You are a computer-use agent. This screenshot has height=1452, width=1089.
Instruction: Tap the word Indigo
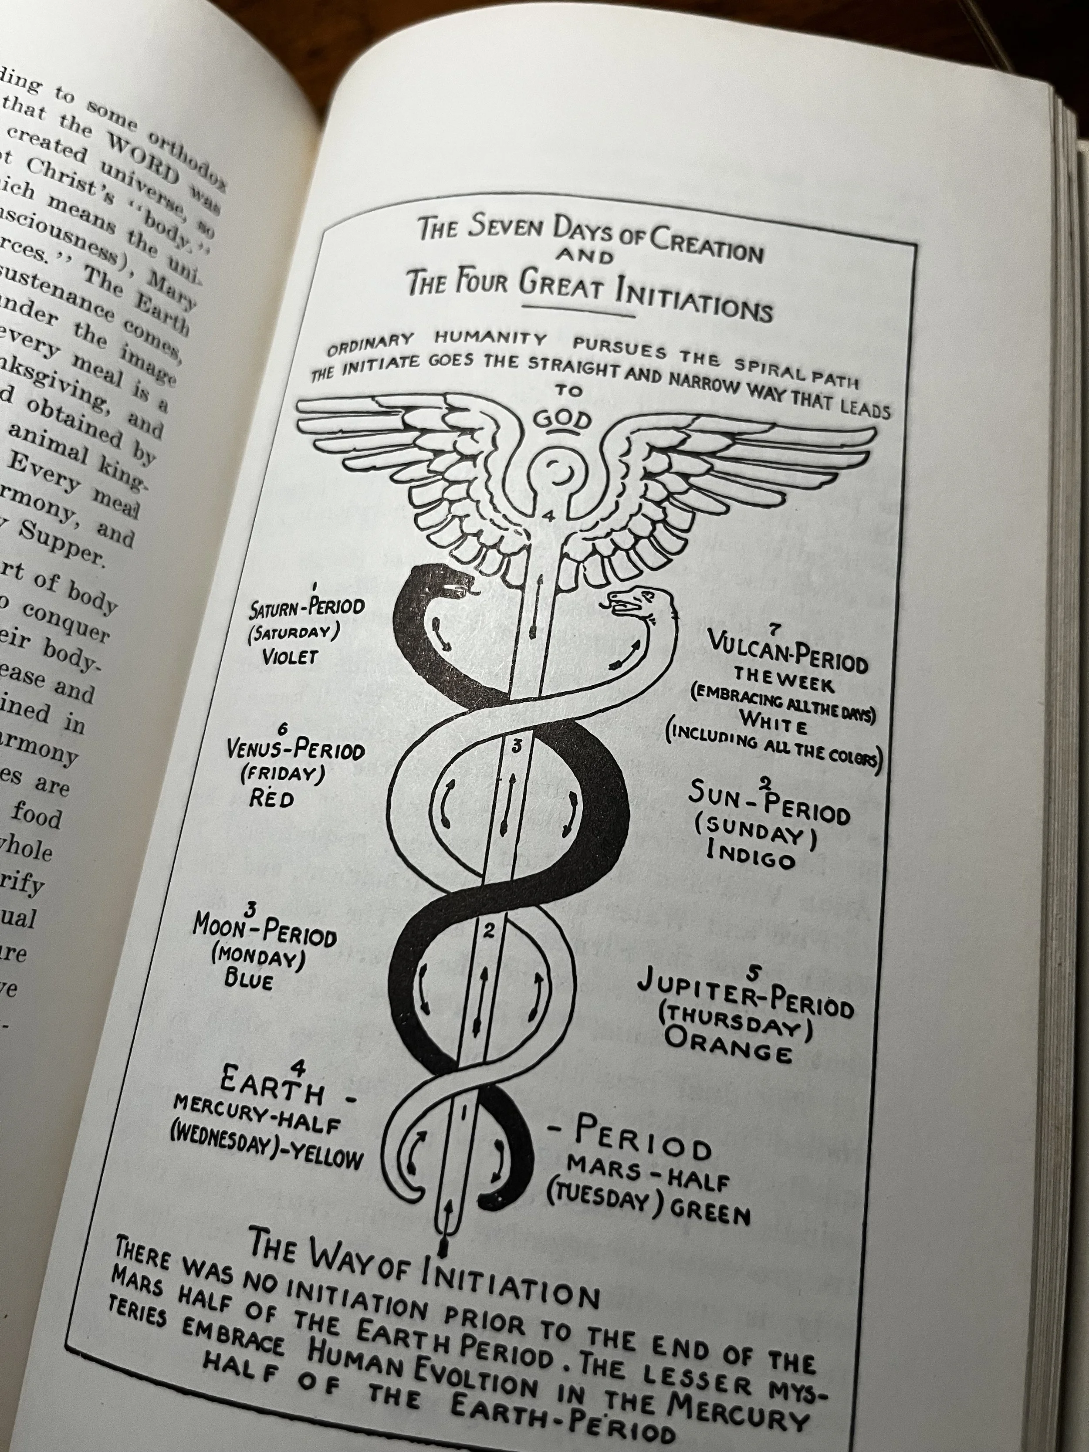click(x=751, y=855)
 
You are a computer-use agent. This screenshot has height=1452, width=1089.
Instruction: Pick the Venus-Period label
click(x=295, y=749)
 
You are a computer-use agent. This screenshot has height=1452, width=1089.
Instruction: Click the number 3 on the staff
click(x=517, y=746)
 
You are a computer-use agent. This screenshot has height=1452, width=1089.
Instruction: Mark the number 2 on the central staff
click(x=488, y=930)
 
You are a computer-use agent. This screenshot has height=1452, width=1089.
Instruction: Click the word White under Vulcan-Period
click(x=773, y=722)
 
